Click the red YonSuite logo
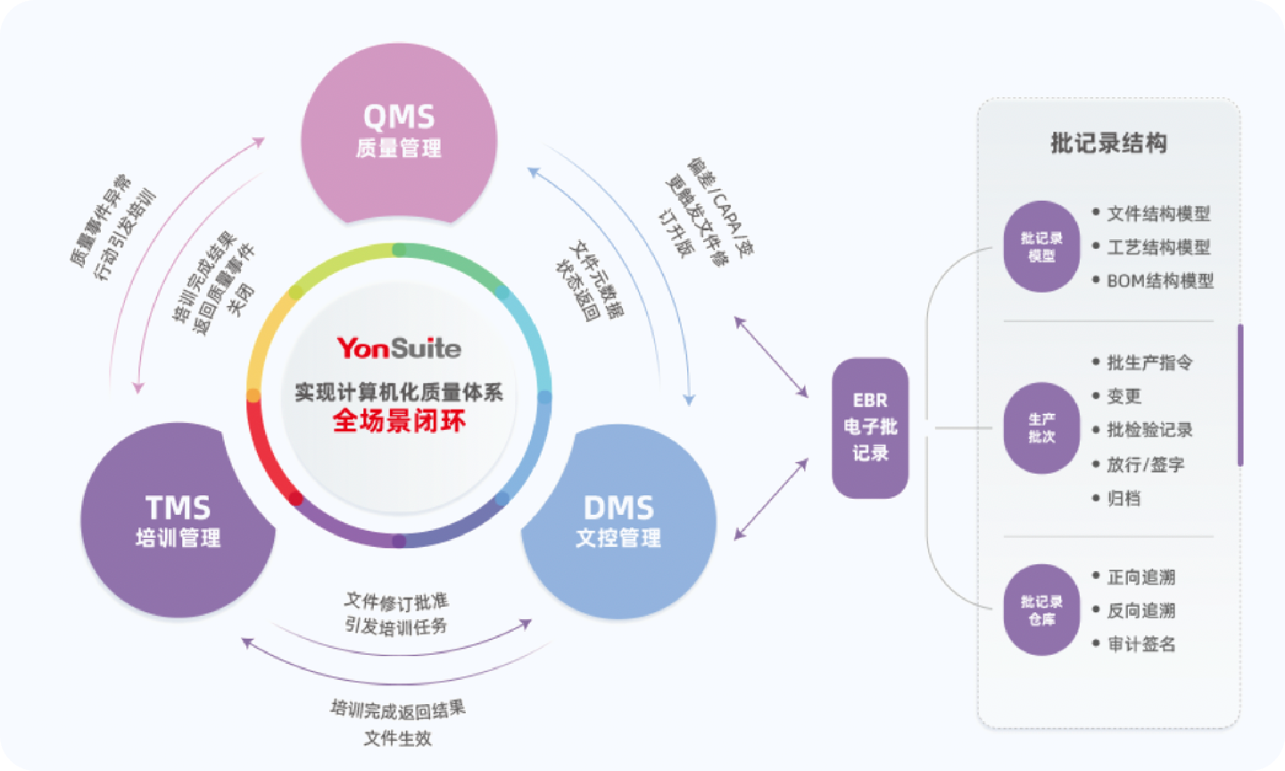pos(399,347)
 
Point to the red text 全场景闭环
pos(399,420)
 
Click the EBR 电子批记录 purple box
pos(870,427)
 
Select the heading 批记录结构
pos(1108,143)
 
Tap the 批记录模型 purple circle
pos(1041,246)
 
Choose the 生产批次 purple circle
pos(1041,428)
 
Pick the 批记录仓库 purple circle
pos(1041,609)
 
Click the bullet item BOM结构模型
pos(1159,281)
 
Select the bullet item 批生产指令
pos(1149,362)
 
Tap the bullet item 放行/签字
pos(1146,464)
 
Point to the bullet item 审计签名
pos(1141,643)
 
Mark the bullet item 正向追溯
pos(1141,577)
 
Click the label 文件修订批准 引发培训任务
pos(396,613)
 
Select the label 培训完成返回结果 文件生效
pos(398,723)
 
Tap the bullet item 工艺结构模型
pos(1158,247)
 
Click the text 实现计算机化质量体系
pos(399,392)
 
